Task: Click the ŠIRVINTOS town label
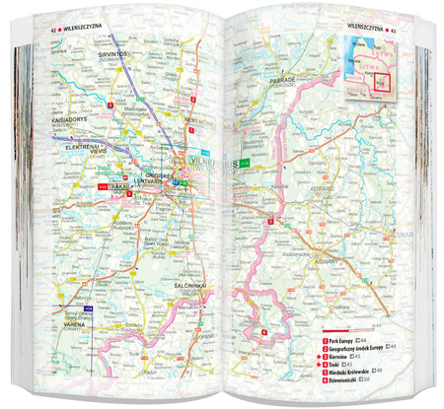114,53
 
